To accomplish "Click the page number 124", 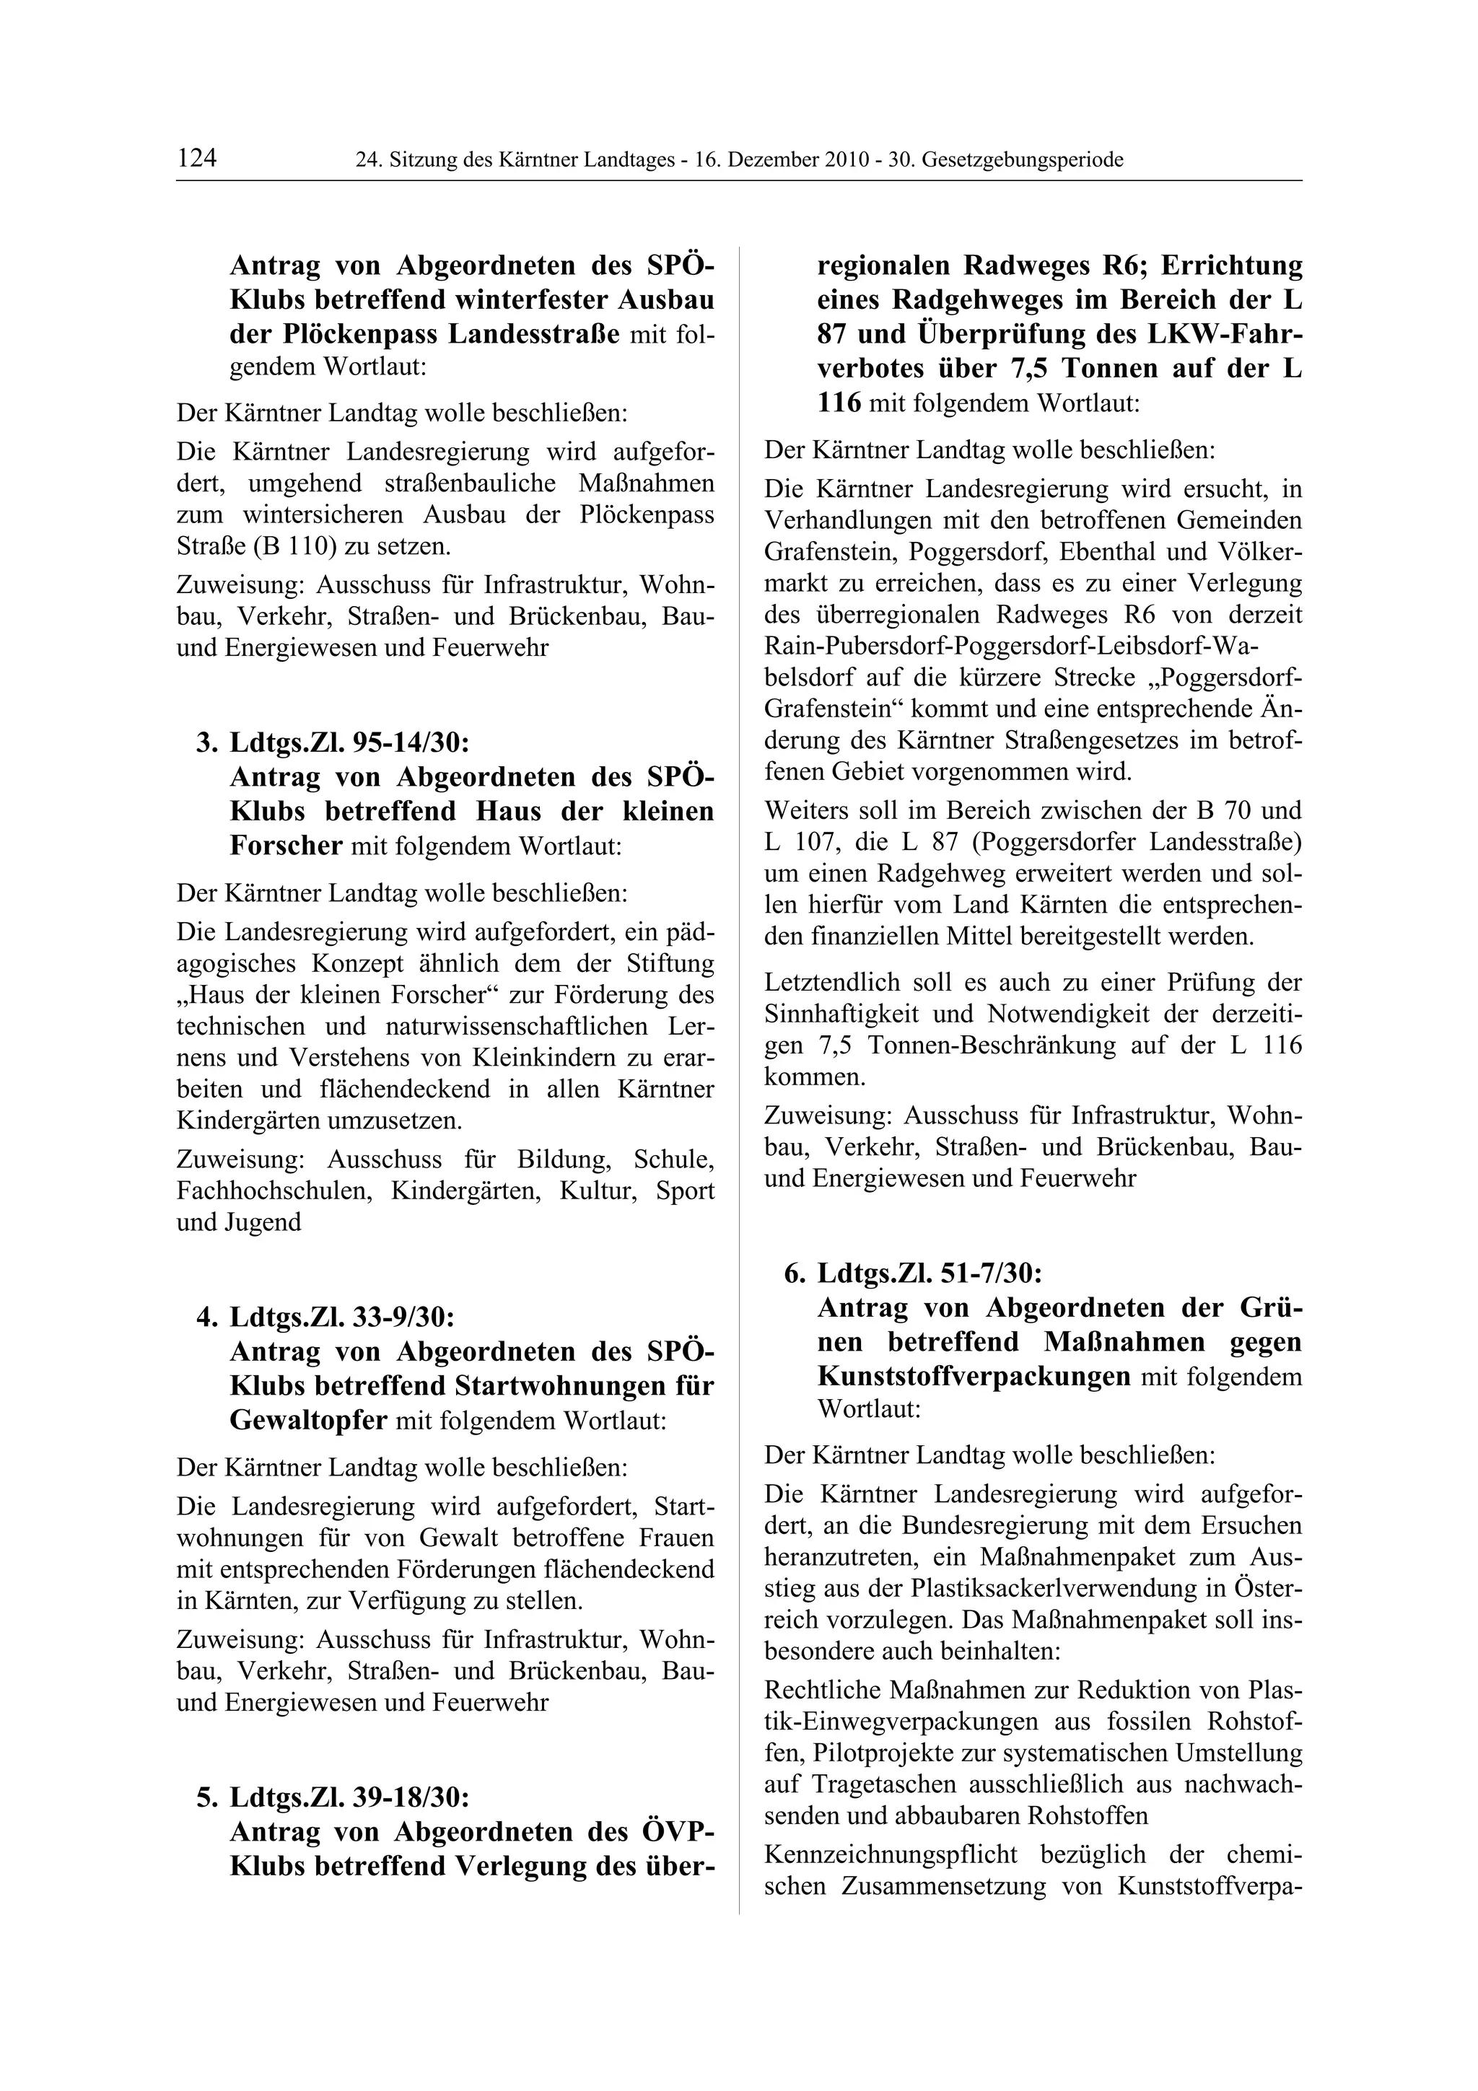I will pos(197,159).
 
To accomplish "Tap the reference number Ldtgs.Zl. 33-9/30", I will pos(341,1317).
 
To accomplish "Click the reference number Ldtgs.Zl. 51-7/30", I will pos(930,1272).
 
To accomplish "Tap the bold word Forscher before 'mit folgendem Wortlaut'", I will pos(285,846).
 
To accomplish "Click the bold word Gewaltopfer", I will pos(308,1421).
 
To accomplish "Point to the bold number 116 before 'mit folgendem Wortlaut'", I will pos(839,403).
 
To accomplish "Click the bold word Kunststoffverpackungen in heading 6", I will pos(974,1376).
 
